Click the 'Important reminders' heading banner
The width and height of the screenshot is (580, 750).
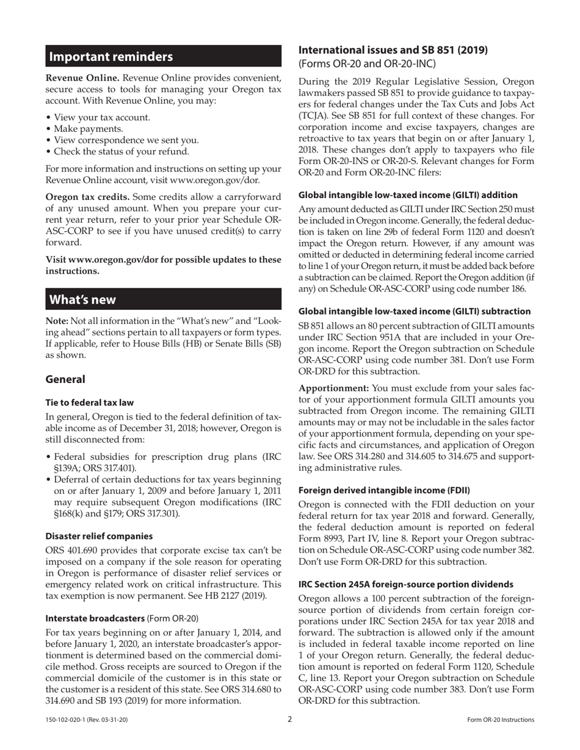pyautogui.click(x=163, y=57)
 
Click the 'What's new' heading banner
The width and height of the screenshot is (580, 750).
pyautogui.click(x=163, y=299)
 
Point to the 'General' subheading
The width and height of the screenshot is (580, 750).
pyautogui.click(x=65, y=379)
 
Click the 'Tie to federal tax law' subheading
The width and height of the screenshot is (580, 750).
pyautogui.click(x=90, y=402)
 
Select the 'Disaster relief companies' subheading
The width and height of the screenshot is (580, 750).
pyautogui.click(x=99, y=537)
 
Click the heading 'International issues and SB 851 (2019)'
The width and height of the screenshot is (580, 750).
pyautogui.click(x=393, y=50)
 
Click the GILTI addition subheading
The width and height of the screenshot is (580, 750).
pyautogui.click(x=408, y=195)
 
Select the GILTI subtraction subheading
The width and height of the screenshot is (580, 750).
pyautogui.click(x=414, y=312)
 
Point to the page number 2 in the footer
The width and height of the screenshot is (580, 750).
pyautogui.click(x=290, y=719)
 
